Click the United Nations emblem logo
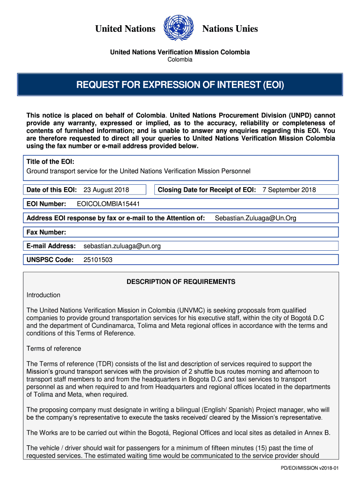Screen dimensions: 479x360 click(x=179, y=29)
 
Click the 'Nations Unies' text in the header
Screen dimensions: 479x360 click(x=230, y=29)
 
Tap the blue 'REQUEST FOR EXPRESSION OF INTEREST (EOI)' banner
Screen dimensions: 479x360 click(x=180, y=85)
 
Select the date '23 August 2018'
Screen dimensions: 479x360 click(x=106, y=190)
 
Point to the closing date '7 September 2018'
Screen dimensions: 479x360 click(x=289, y=190)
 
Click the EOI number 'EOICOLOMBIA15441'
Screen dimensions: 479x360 click(x=108, y=204)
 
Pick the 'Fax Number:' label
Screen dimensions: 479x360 click(x=46, y=232)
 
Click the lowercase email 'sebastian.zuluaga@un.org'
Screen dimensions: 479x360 click(x=122, y=246)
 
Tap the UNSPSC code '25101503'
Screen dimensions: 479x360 click(x=98, y=260)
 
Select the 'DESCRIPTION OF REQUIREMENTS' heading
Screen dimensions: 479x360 click(x=181, y=282)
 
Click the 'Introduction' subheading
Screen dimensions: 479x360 click(x=43, y=295)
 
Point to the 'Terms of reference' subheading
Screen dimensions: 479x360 click(x=54, y=349)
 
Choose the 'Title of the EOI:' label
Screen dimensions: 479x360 click(x=50, y=162)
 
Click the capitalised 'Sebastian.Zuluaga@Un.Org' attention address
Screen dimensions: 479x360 click(x=255, y=218)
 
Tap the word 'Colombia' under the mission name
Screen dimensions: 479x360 click(x=180, y=60)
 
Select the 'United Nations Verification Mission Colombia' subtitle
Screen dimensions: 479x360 click(x=180, y=52)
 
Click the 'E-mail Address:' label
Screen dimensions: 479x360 click(x=51, y=246)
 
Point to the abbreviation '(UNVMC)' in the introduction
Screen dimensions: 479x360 click(x=191, y=310)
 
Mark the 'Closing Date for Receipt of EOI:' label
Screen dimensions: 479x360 click(x=207, y=190)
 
